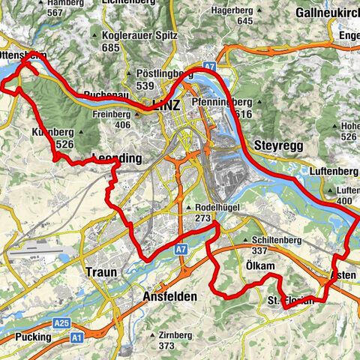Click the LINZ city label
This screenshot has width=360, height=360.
tap(166, 105)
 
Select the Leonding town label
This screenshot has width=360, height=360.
tap(117, 158)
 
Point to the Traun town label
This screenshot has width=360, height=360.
tap(101, 272)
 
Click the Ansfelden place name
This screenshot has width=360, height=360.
tap(169, 297)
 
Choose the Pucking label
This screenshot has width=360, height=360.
tap(33, 337)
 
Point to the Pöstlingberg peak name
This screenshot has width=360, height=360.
tap(166, 74)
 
